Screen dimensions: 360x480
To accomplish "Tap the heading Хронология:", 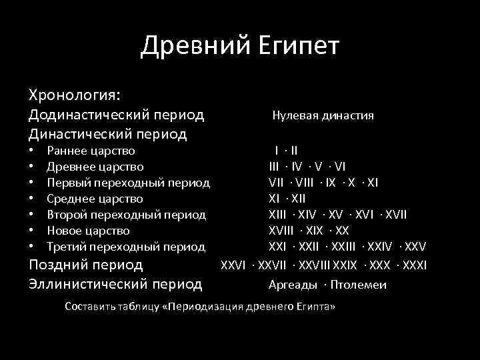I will pos(74,93).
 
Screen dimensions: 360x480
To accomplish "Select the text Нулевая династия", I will pos(323,115).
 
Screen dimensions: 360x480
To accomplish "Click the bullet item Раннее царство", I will pos(91,151).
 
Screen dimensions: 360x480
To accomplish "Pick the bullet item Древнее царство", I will pos(95,167).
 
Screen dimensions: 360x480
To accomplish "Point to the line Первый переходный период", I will pos(128,183).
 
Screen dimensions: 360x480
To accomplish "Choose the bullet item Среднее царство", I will pos(95,199).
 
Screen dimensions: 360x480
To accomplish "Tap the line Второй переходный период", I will pos(126,215).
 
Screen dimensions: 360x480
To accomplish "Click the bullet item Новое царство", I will pos(88,231).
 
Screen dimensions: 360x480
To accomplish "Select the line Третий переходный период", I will pos(125,247).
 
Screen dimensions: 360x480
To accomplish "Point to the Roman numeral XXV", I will pos(414,247).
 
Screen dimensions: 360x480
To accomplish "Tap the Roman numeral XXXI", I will pos(414,265).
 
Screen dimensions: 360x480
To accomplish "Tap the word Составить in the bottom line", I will pos(89,307).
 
